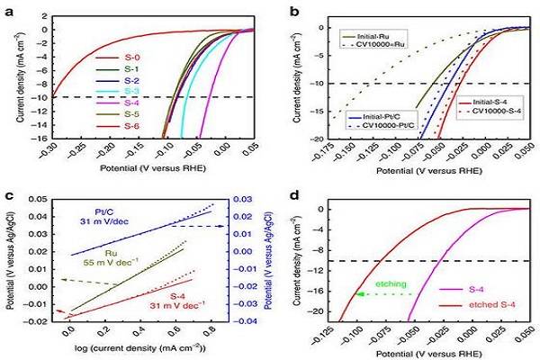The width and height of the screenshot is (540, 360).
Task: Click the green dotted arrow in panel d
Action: click(x=384, y=293)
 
